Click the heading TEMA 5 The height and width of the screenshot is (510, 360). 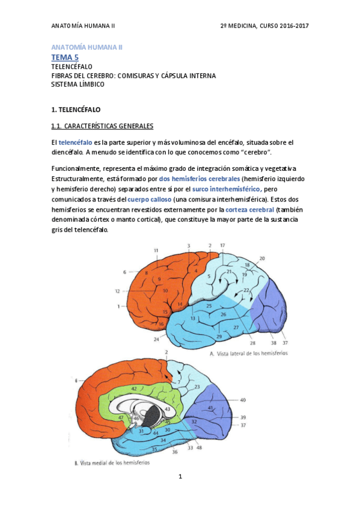65,57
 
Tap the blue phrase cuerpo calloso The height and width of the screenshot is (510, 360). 149,199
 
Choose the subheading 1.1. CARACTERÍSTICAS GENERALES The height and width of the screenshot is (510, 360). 102,126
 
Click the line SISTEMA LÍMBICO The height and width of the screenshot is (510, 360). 78,84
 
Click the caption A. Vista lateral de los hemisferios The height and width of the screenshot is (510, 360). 249,354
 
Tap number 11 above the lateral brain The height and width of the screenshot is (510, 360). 156,250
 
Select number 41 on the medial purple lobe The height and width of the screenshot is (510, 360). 211,408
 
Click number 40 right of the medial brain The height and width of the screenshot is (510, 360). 243,400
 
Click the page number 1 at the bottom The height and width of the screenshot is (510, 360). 180,477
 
